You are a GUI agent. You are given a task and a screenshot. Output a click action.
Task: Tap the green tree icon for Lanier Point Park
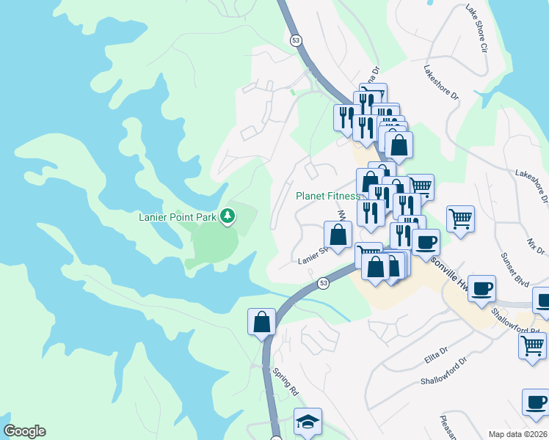pos(229,215)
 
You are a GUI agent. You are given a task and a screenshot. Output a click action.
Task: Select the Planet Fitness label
pos(328,196)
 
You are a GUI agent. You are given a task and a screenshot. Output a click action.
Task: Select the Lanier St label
pos(311,259)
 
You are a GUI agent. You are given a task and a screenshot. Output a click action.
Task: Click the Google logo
pos(24,431)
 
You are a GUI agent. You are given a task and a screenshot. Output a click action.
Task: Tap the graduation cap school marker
pos(308,420)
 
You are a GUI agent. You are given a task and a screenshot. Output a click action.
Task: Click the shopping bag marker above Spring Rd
pos(262,321)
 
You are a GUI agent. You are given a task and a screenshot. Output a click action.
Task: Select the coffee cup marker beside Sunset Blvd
pos(481,287)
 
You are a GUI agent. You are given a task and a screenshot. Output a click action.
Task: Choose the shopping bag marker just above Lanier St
pos(338,235)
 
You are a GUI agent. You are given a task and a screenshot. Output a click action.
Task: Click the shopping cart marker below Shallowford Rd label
pos(532,344)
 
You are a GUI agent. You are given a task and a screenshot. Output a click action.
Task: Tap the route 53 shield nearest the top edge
pos(295,40)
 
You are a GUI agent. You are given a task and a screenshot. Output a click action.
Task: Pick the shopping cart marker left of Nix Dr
pos(460,218)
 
